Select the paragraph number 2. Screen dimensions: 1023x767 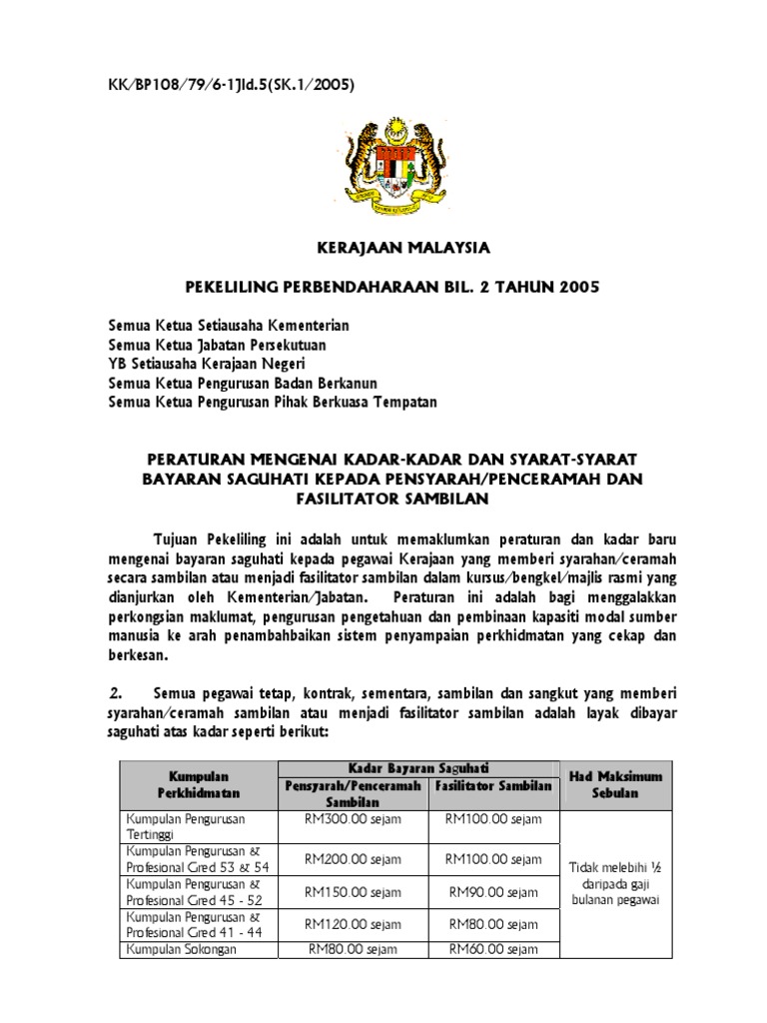pyautogui.click(x=115, y=693)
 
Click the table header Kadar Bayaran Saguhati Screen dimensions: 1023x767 pyautogui.click(x=418, y=766)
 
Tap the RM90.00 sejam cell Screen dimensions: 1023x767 pyautogui.click(x=493, y=891)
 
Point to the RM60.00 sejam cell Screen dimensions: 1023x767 pyautogui.click(x=493, y=950)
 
